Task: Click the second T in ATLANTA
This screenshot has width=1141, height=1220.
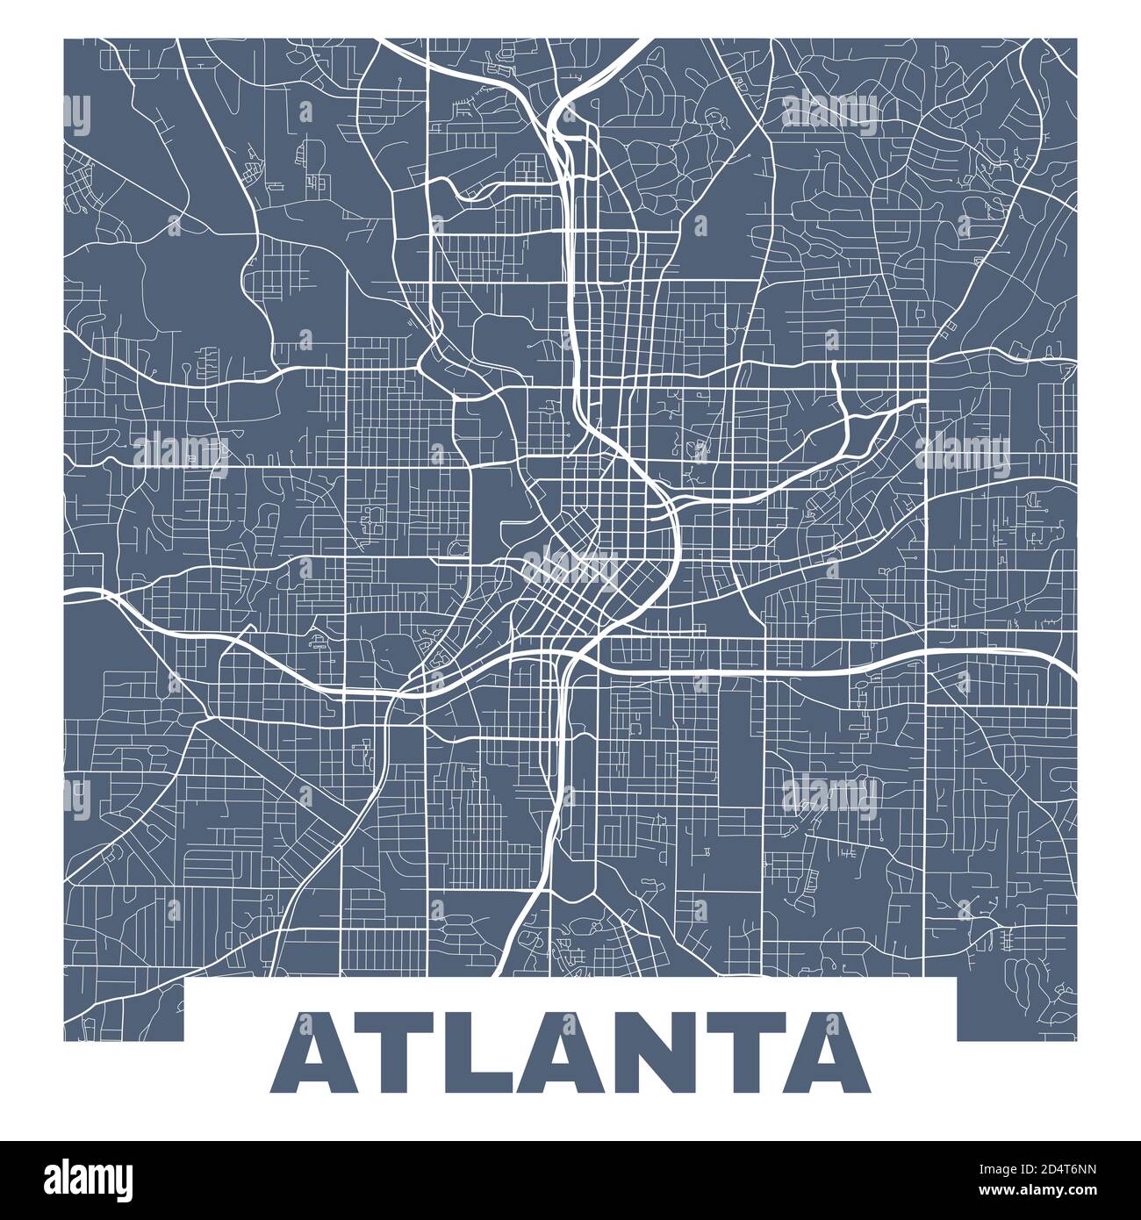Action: pyautogui.click(x=745, y=1051)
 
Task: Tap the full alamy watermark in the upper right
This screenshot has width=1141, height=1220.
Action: pyautogui.click(x=829, y=112)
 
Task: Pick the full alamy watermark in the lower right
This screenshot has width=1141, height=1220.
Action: pyautogui.click(x=829, y=794)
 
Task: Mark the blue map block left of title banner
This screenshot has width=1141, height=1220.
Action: pyautogui.click(x=124, y=1009)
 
